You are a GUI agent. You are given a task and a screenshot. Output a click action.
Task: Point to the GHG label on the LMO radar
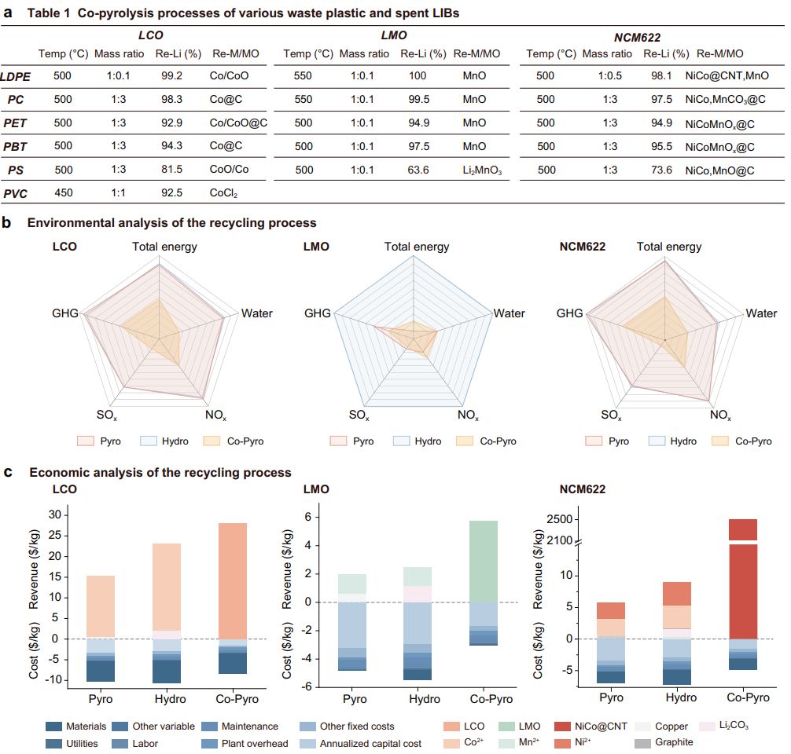[318, 313]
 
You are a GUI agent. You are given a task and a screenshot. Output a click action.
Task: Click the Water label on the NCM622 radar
[760, 313]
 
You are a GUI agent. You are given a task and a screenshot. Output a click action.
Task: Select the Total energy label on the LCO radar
[164, 247]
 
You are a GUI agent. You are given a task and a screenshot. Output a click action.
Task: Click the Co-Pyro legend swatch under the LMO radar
[468, 441]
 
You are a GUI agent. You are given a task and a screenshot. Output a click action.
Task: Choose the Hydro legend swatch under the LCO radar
[150, 441]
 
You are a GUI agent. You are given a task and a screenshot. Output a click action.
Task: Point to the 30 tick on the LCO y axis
[54, 515]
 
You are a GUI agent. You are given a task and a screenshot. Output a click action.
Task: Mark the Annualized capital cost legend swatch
[311, 742]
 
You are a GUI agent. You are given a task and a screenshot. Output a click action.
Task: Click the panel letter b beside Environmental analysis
[7, 223]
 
